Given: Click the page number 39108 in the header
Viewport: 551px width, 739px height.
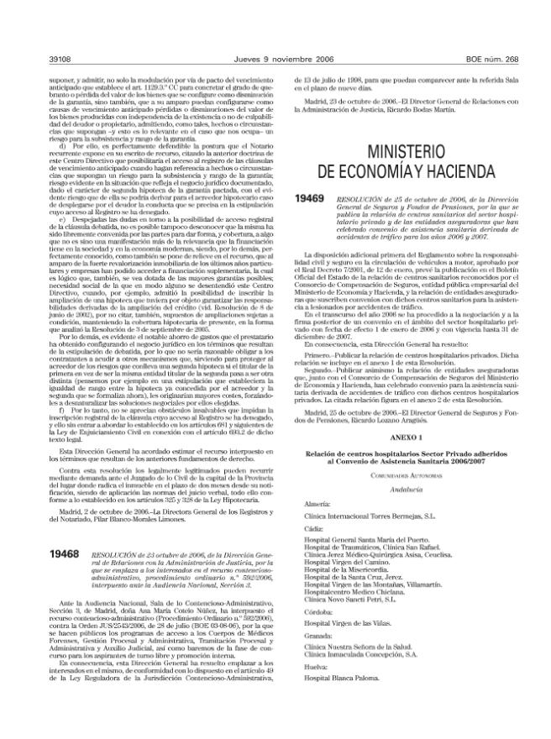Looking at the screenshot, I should point(39,60).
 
